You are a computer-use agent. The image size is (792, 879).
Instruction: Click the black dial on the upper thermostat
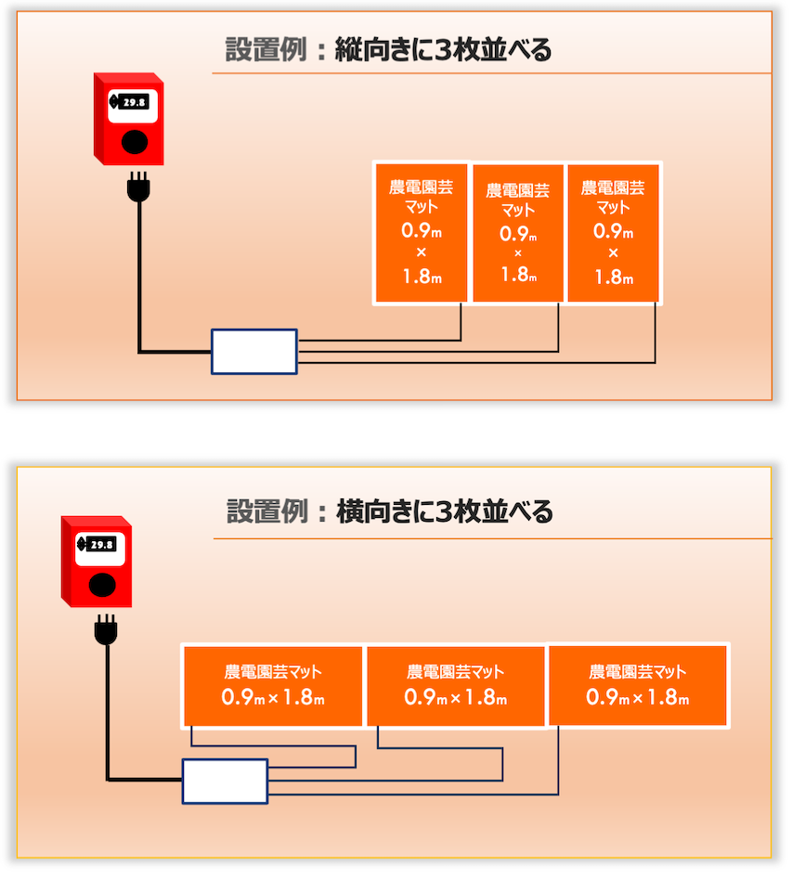[136, 142]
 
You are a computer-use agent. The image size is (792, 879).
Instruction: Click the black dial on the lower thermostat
[102, 585]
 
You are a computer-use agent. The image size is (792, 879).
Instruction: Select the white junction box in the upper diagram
[254, 352]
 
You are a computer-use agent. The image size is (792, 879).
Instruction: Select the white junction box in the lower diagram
[225, 781]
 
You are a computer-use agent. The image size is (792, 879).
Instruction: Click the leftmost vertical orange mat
[421, 233]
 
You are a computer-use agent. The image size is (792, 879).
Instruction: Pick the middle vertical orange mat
[518, 234]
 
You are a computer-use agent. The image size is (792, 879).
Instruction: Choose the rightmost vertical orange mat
[613, 233]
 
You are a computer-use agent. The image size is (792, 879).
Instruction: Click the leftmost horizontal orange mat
[273, 685]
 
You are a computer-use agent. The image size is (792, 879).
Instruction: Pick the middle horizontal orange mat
[455, 685]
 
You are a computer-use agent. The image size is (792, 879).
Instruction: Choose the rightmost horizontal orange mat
[638, 685]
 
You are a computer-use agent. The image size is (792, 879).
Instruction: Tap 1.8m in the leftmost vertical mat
[422, 276]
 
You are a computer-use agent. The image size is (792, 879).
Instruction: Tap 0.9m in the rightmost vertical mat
[613, 231]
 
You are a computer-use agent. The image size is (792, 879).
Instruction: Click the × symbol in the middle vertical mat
[518, 253]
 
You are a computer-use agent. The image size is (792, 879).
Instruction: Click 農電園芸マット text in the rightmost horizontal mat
[638, 672]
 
